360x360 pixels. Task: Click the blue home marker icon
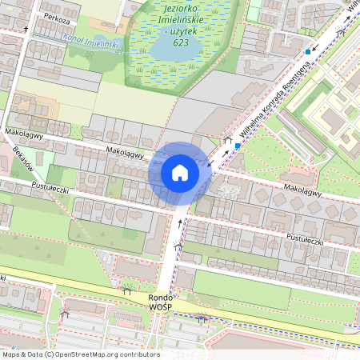click(179, 173)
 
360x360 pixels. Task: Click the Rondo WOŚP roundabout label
click(164, 301)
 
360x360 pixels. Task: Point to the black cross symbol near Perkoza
click(26, 30)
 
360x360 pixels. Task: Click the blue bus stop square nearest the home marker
click(238, 146)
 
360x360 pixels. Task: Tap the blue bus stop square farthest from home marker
click(308, 52)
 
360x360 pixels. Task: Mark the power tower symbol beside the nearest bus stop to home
click(228, 141)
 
